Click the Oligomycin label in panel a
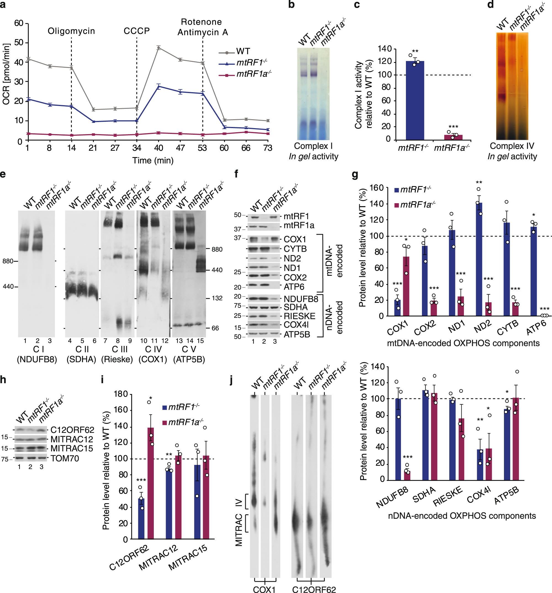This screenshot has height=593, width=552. point(71,31)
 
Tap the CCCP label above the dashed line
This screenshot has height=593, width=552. point(137,31)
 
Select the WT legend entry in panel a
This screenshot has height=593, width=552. point(243,51)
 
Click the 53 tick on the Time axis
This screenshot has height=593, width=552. point(202,148)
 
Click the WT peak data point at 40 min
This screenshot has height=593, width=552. point(159,48)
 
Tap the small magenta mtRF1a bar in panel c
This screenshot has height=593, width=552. point(453,137)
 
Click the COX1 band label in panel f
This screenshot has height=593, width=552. point(295,239)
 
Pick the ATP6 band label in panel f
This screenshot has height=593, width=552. point(294,287)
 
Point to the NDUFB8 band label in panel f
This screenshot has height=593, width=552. point(301,299)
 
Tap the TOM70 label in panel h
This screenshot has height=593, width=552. point(64,458)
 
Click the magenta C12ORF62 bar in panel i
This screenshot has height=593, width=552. point(151,483)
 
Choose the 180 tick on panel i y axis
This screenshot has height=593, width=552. point(121,394)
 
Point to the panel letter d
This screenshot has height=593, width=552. point(490,4)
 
